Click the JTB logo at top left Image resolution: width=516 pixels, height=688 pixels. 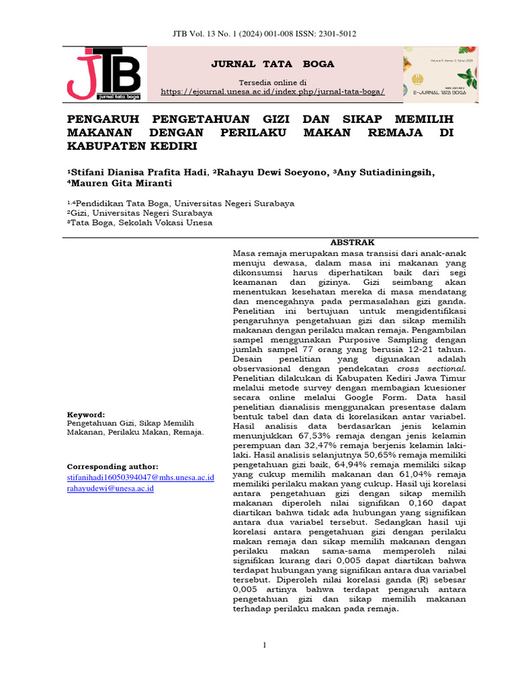(x=103, y=75)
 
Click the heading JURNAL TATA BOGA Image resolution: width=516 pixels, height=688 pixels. (x=273, y=64)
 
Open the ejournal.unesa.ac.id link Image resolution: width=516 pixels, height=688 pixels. (x=273, y=91)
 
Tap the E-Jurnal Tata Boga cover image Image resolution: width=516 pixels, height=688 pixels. (x=441, y=74)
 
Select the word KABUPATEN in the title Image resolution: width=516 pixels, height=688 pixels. (x=105, y=146)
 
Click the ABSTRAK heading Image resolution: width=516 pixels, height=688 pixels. (x=351, y=243)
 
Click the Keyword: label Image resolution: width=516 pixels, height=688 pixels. (x=86, y=415)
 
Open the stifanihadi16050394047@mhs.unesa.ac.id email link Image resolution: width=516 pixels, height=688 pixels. (x=140, y=477)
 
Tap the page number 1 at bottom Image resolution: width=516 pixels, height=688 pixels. (x=265, y=646)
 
